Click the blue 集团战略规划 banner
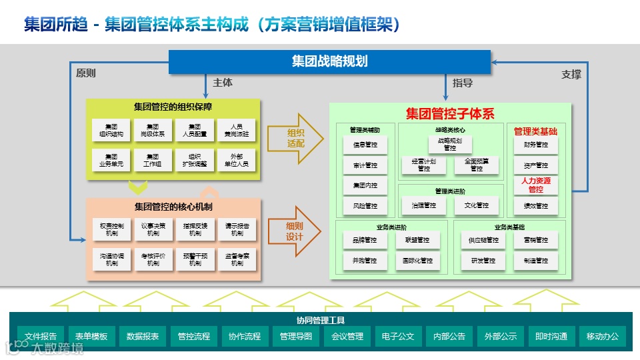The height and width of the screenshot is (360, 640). pyautogui.click(x=329, y=62)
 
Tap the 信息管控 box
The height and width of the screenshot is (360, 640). pyautogui.click(x=365, y=145)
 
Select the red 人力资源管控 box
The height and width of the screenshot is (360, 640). pyautogui.click(x=535, y=185)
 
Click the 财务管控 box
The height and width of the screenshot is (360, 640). pyautogui.click(x=535, y=145)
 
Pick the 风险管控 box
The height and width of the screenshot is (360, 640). pyautogui.click(x=365, y=206)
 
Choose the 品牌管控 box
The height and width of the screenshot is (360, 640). pyautogui.click(x=365, y=240)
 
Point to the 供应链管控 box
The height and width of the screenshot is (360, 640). pyautogui.click(x=483, y=240)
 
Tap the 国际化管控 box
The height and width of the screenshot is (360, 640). pyautogui.click(x=417, y=261)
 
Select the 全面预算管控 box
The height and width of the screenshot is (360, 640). pyautogui.click(x=477, y=165)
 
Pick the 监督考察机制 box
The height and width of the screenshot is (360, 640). pyautogui.click(x=237, y=259)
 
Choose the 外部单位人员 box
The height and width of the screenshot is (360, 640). pyautogui.click(x=237, y=161)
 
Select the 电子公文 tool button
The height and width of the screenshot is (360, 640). pyautogui.click(x=399, y=337)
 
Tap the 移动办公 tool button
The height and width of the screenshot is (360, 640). pyautogui.click(x=602, y=337)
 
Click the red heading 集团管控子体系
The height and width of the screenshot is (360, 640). pyautogui.click(x=450, y=113)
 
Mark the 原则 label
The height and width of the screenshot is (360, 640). pyautogui.click(x=86, y=73)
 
